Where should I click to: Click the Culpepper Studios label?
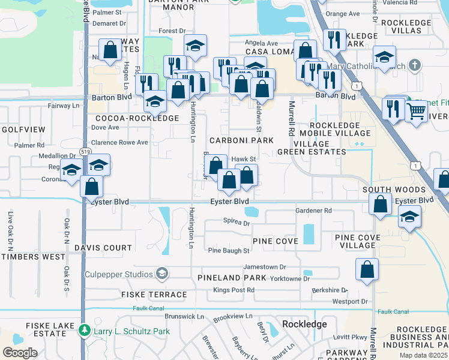(122, 274)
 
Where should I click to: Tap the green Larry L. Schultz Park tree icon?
(85, 331)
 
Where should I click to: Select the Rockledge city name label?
(304, 324)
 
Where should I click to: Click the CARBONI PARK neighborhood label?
(241, 140)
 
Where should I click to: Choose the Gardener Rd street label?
(313, 211)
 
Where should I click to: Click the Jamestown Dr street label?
(265, 266)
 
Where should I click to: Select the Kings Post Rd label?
(234, 290)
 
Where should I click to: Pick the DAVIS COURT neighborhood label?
(103, 248)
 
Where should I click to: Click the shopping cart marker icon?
(416, 110)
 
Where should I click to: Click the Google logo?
(20, 353)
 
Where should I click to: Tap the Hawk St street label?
(244, 159)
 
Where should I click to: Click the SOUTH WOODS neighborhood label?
(394, 190)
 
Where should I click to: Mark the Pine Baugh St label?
(228, 251)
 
